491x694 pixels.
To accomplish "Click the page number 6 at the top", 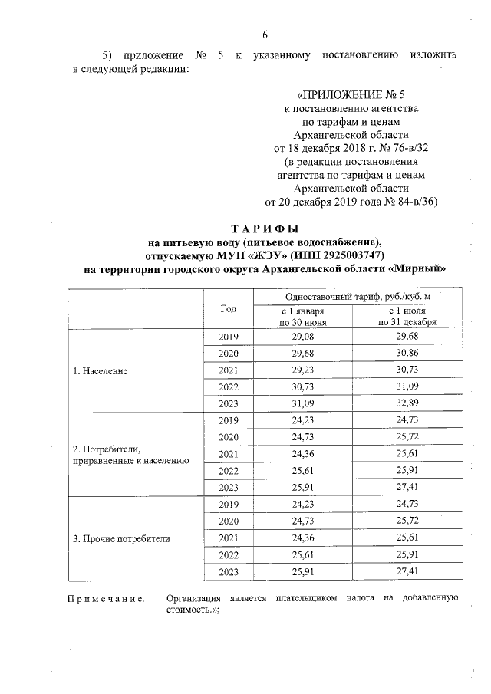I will click(265, 35).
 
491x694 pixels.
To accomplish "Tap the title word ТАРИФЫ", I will click(265, 229).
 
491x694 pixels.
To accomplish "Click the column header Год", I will click(228, 308).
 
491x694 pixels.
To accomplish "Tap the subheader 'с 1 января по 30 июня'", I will click(303, 317).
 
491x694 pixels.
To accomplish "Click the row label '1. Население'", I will click(100, 370).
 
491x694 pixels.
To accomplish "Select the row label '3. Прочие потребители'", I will click(120, 538).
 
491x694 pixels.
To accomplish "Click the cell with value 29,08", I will click(303, 337).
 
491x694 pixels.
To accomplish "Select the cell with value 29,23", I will click(303, 370).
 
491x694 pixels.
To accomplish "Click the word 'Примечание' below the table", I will click(107, 598).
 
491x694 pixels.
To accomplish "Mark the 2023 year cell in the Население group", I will click(229, 404).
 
